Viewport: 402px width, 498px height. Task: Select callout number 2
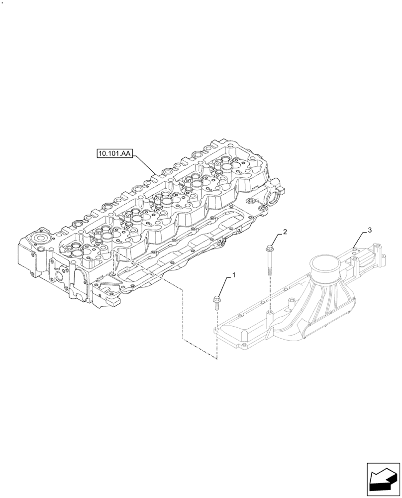285,232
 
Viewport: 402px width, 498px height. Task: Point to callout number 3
369,230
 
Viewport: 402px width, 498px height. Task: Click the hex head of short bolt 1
217,300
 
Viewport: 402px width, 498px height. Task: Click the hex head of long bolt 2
269,247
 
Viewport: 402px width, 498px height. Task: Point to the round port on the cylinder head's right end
274,197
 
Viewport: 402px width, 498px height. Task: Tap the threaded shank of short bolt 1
217,308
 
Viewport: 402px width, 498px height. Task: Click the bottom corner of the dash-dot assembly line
217,359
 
